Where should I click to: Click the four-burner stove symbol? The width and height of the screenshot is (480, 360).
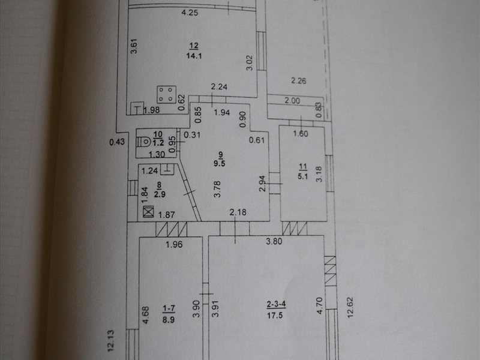pyautogui.click(x=167, y=94)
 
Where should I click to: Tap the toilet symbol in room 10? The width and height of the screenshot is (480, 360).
pyautogui.click(x=143, y=142)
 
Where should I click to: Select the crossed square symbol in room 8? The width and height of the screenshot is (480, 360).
pyautogui.click(x=148, y=212)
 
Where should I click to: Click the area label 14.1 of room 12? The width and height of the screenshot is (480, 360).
pyautogui.click(x=194, y=56)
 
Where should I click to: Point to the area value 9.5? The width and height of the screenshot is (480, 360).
pyautogui.click(x=219, y=163)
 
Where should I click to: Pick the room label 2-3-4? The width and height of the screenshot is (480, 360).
pyautogui.click(x=276, y=304)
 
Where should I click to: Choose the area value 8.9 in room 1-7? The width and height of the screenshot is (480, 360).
pyautogui.click(x=169, y=320)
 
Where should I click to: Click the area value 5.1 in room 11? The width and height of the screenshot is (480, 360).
pyautogui.click(x=302, y=176)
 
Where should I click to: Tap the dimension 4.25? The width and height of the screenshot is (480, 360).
pyautogui.click(x=190, y=13)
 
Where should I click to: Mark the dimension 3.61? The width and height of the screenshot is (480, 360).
pyautogui.click(x=134, y=46)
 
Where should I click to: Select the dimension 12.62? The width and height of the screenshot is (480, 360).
pyautogui.click(x=350, y=307)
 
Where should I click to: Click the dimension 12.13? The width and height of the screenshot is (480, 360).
pyautogui.click(x=110, y=340)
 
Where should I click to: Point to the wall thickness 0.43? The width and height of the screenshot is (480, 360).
pyautogui.click(x=117, y=142)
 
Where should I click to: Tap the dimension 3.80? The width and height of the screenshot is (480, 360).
pyautogui.click(x=274, y=241)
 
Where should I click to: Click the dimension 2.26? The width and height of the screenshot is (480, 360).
pyautogui.click(x=298, y=81)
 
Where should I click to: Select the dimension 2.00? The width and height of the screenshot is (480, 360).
pyautogui.click(x=292, y=101)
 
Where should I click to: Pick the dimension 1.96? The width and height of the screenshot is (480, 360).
pyautogui.click(x=174, y=244)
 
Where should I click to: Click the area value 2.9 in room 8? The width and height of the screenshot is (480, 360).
pyautogui.click(x=160, y=194)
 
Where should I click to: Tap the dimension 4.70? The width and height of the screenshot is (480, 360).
pyautogui.click(x=319, y=305)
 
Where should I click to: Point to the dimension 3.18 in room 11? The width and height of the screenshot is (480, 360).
pyautogui.click(x=319, y=174)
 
